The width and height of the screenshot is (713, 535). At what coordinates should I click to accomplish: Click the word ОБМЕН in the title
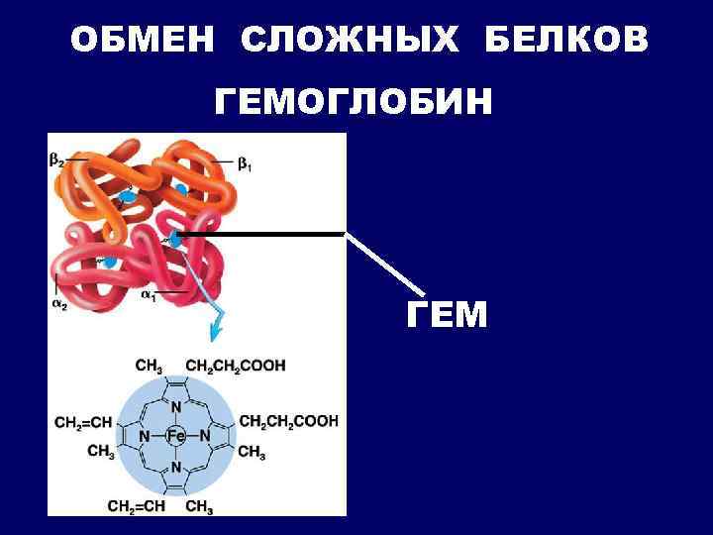tap(141, 41)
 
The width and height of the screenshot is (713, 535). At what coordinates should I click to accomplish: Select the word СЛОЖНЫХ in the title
tap(351, 41)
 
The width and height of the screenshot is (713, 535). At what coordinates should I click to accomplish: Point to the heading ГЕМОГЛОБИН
tap(354, 102)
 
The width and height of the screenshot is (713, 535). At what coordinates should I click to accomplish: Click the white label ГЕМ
tap(447, 315)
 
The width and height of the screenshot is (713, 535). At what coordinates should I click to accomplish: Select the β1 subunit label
tap(244, 166)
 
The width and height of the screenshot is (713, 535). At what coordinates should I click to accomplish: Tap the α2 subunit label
tap(59, 303)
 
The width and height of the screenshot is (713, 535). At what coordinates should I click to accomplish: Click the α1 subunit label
tap(149, 294)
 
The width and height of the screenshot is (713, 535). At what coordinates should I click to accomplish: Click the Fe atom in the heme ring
tap(175, 436)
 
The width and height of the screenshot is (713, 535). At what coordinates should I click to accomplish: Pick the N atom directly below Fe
tap(175, 467)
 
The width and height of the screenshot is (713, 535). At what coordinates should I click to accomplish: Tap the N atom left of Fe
tap(145, 436)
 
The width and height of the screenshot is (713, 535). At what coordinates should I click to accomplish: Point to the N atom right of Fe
tap(206, 436)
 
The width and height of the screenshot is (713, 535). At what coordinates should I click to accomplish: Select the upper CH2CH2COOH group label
tap(235, 366)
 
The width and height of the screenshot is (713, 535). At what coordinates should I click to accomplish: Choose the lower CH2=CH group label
tap(136, 508)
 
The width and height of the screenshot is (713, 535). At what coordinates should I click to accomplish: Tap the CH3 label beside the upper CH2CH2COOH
tap(149, 366)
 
